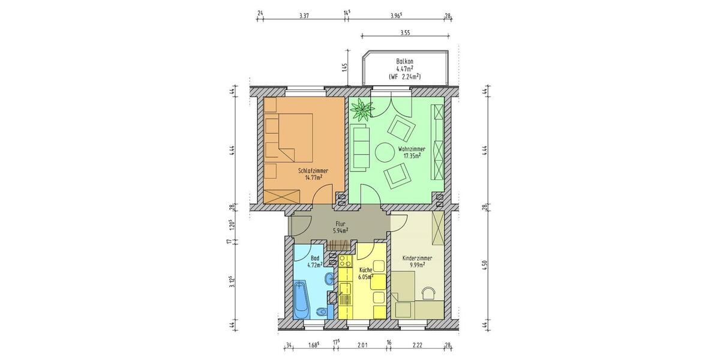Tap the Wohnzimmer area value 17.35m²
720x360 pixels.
tap(411, 155)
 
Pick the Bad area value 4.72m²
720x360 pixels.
tap(315, 263)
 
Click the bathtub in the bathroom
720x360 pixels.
tap(301, 300)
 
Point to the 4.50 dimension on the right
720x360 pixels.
tap(485, 266)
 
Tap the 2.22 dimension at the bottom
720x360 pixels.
tap(418, 344)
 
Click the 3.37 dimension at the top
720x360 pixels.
tap(304, 16)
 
